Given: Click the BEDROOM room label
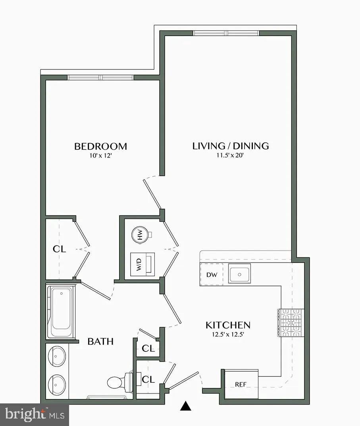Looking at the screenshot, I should [101, 146].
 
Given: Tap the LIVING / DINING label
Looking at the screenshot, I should [230, 146].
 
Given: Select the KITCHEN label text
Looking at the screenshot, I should [228, 325].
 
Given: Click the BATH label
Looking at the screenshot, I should [100, 341].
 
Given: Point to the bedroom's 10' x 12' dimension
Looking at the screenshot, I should [101, 156].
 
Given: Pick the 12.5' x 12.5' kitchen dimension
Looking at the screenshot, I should [228, 334].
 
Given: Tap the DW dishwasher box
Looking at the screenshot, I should [212, 274].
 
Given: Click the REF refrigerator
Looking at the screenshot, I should [241, 384].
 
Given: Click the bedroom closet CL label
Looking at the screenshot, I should [59, 249].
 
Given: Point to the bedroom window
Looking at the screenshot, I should [101, 77].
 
